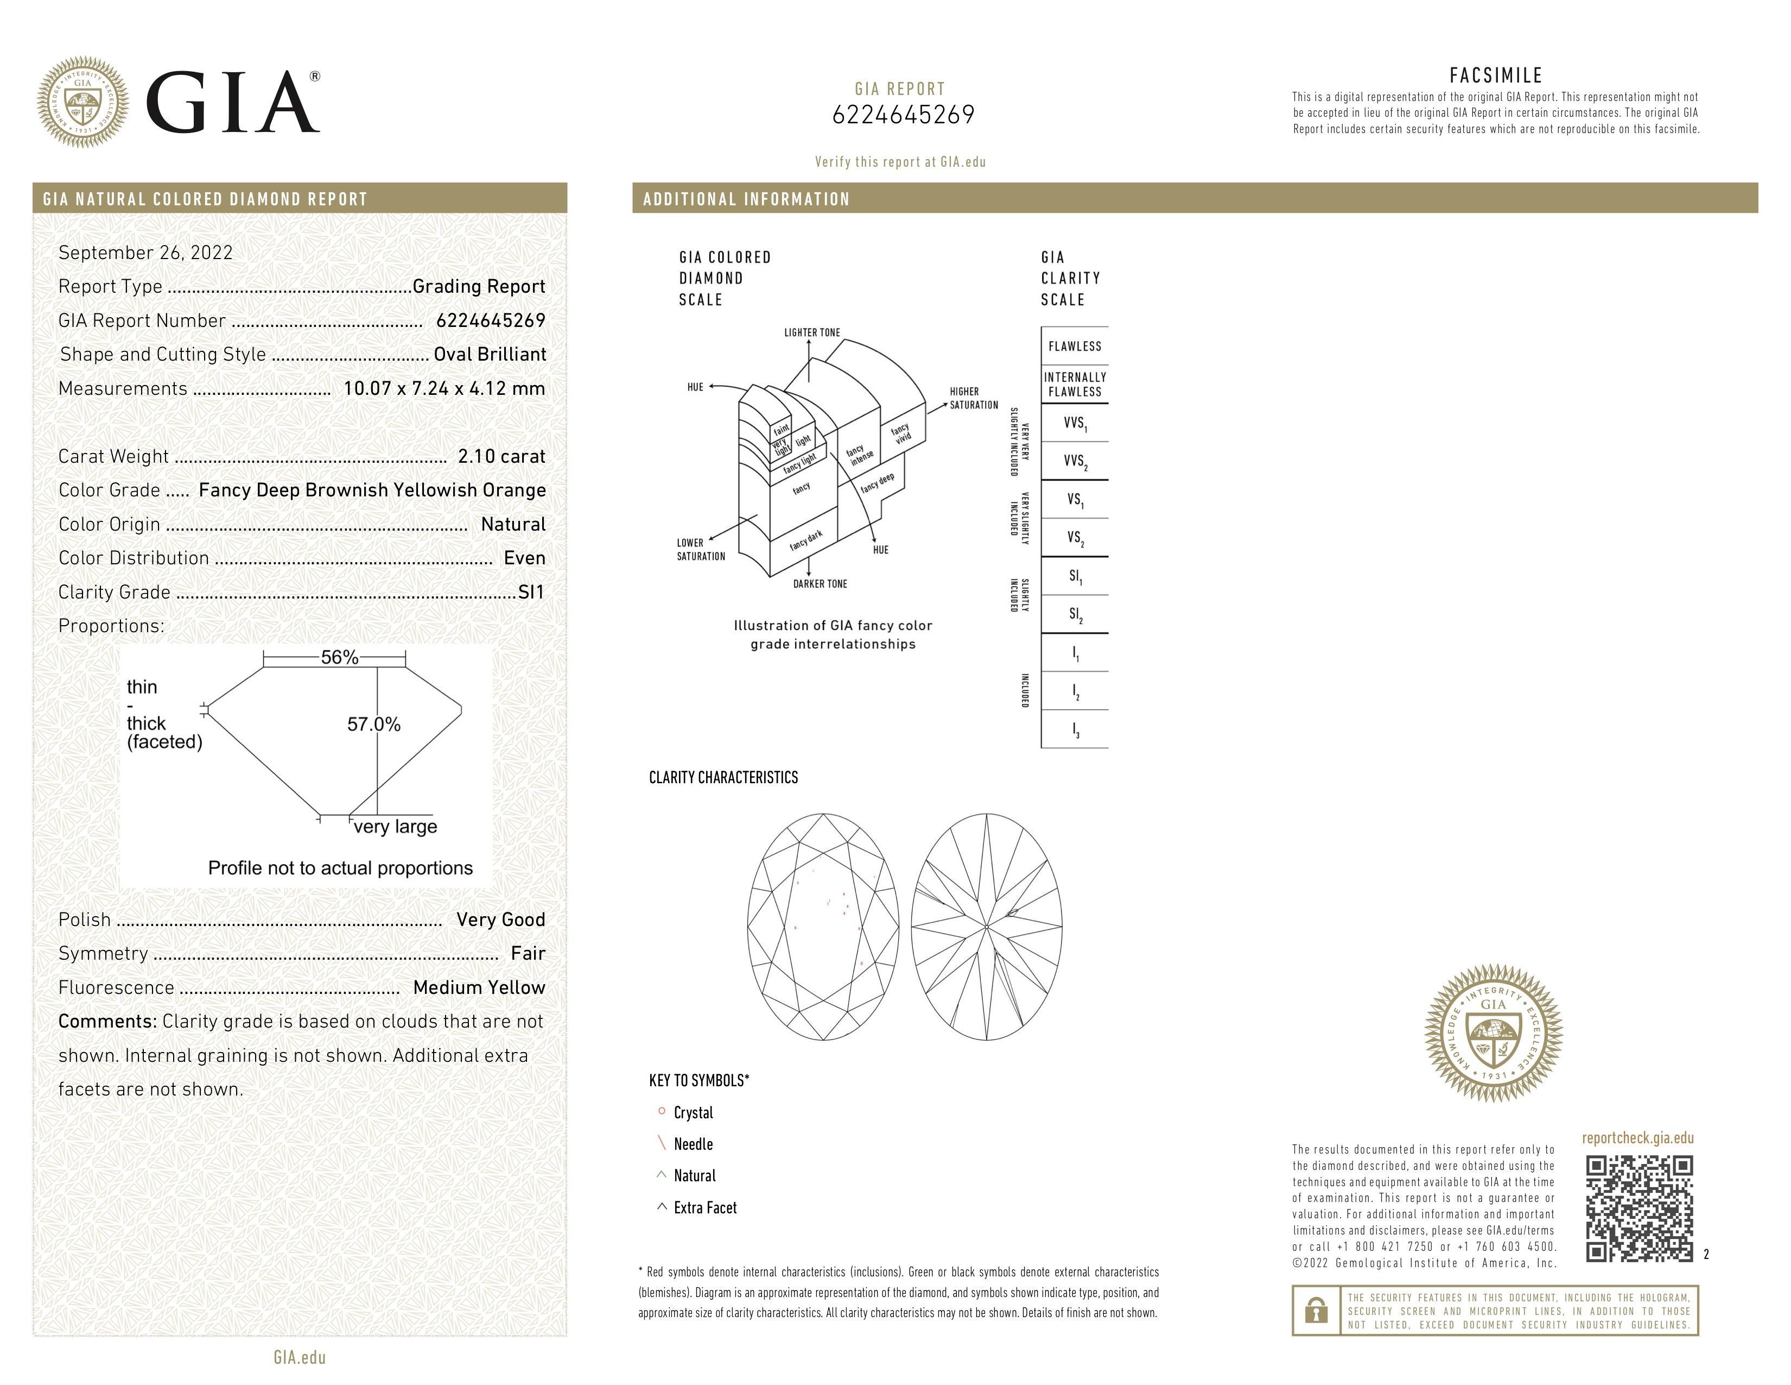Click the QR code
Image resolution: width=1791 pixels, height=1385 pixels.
1638,1208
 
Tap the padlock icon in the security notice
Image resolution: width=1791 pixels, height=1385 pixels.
1316,1311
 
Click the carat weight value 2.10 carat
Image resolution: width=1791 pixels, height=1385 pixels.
501,456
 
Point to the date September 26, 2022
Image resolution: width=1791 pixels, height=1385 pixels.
145,253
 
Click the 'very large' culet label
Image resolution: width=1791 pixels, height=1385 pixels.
395,827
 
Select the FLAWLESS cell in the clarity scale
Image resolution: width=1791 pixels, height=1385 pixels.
1074,347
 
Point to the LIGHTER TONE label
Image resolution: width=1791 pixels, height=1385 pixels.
812,332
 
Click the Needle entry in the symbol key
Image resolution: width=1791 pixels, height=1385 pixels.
693,1144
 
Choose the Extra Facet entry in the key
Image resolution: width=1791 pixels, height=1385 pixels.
704,1208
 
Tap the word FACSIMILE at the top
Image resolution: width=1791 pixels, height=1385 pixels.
1496,75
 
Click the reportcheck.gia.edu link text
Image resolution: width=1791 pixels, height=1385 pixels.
1637,1138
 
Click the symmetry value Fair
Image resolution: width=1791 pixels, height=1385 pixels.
528,953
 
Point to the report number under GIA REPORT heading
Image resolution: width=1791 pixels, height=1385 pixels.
903,115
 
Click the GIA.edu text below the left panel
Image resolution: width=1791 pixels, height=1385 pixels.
300,1358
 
